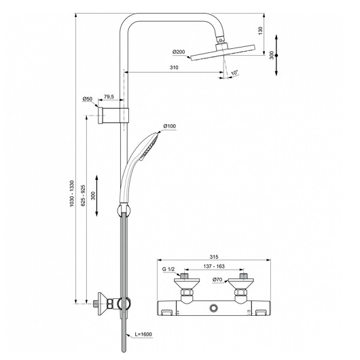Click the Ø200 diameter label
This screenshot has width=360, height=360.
coord(179,52)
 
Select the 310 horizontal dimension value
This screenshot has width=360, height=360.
coord(174,67)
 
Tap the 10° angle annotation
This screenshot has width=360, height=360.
coord(234,73)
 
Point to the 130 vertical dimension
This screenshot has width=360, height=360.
coord(260,31)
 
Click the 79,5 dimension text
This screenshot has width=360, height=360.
coord(109,96)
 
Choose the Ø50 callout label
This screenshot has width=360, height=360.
coord(87,99)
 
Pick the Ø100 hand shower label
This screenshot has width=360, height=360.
coord(170,126)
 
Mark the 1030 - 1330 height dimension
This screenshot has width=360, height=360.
coord(72,194)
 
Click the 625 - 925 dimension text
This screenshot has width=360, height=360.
coord(83,195)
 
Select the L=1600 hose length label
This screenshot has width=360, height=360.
coord(143,334)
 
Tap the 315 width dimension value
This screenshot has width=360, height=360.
coord(214,257)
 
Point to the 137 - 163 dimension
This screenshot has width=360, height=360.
coord(214,266)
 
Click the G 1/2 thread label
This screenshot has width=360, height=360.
coord(168,269)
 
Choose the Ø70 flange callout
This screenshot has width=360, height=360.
coord(217,280)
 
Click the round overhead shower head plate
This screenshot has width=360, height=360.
coord(222,53)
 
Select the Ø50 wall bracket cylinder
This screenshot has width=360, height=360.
coord(101,115)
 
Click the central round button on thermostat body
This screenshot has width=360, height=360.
coord(214,308)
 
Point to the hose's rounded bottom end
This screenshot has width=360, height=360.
coord(124,350)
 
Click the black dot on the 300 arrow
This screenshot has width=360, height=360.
coord(276,55)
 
